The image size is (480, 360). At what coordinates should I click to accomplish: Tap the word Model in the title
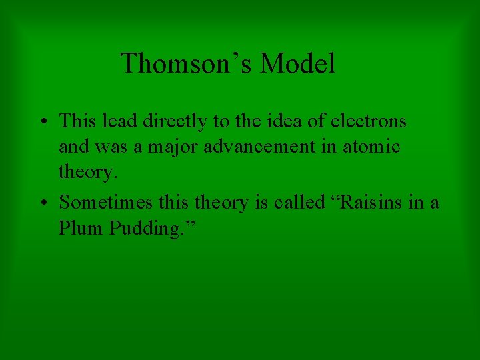[x=297, y=64]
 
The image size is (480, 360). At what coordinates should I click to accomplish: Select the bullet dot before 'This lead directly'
[x=43, y=122]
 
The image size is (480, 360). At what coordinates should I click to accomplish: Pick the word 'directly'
[x=160, y=121]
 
